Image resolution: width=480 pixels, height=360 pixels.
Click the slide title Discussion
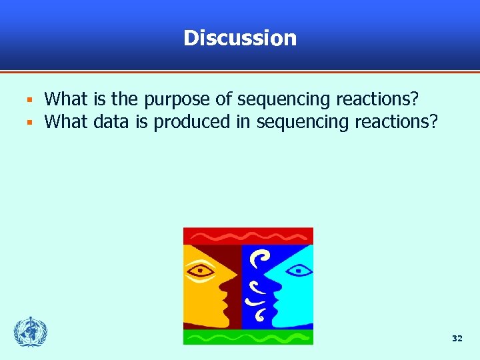(240, 38)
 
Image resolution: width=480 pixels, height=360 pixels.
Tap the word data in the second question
(111, 123)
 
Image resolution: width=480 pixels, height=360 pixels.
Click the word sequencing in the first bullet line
(284, 100)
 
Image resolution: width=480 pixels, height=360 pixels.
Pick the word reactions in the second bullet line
(398, 123)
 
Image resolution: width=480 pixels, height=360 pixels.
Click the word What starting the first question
(66, 100)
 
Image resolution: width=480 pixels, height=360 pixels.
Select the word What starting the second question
(66, 123)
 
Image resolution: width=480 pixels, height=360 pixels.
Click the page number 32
(457, 339)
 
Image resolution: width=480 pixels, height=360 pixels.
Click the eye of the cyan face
(296, 270)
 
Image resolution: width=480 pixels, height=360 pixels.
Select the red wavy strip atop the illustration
(248, 236)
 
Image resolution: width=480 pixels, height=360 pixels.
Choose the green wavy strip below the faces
(248, 337)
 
